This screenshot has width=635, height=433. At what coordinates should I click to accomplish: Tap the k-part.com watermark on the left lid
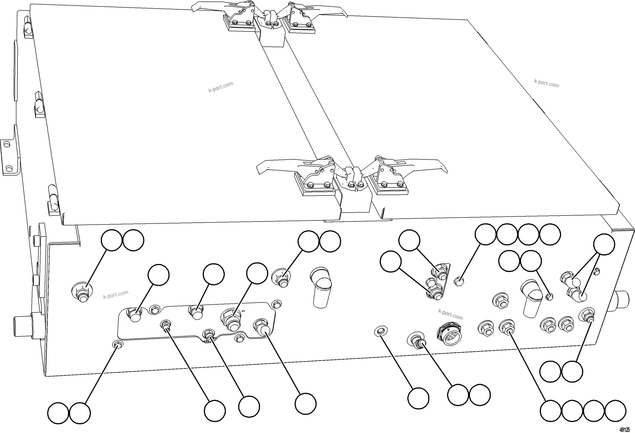point(221,87)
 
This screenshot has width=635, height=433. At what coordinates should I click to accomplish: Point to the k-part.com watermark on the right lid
point(547,83)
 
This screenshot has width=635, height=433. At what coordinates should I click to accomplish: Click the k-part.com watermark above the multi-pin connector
point(451,314)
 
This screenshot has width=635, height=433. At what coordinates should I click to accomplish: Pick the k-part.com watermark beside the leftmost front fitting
point(116,295)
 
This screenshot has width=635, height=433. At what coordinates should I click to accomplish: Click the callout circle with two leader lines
point(604,244)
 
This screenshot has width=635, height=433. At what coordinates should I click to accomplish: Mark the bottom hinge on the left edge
point(53,199)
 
